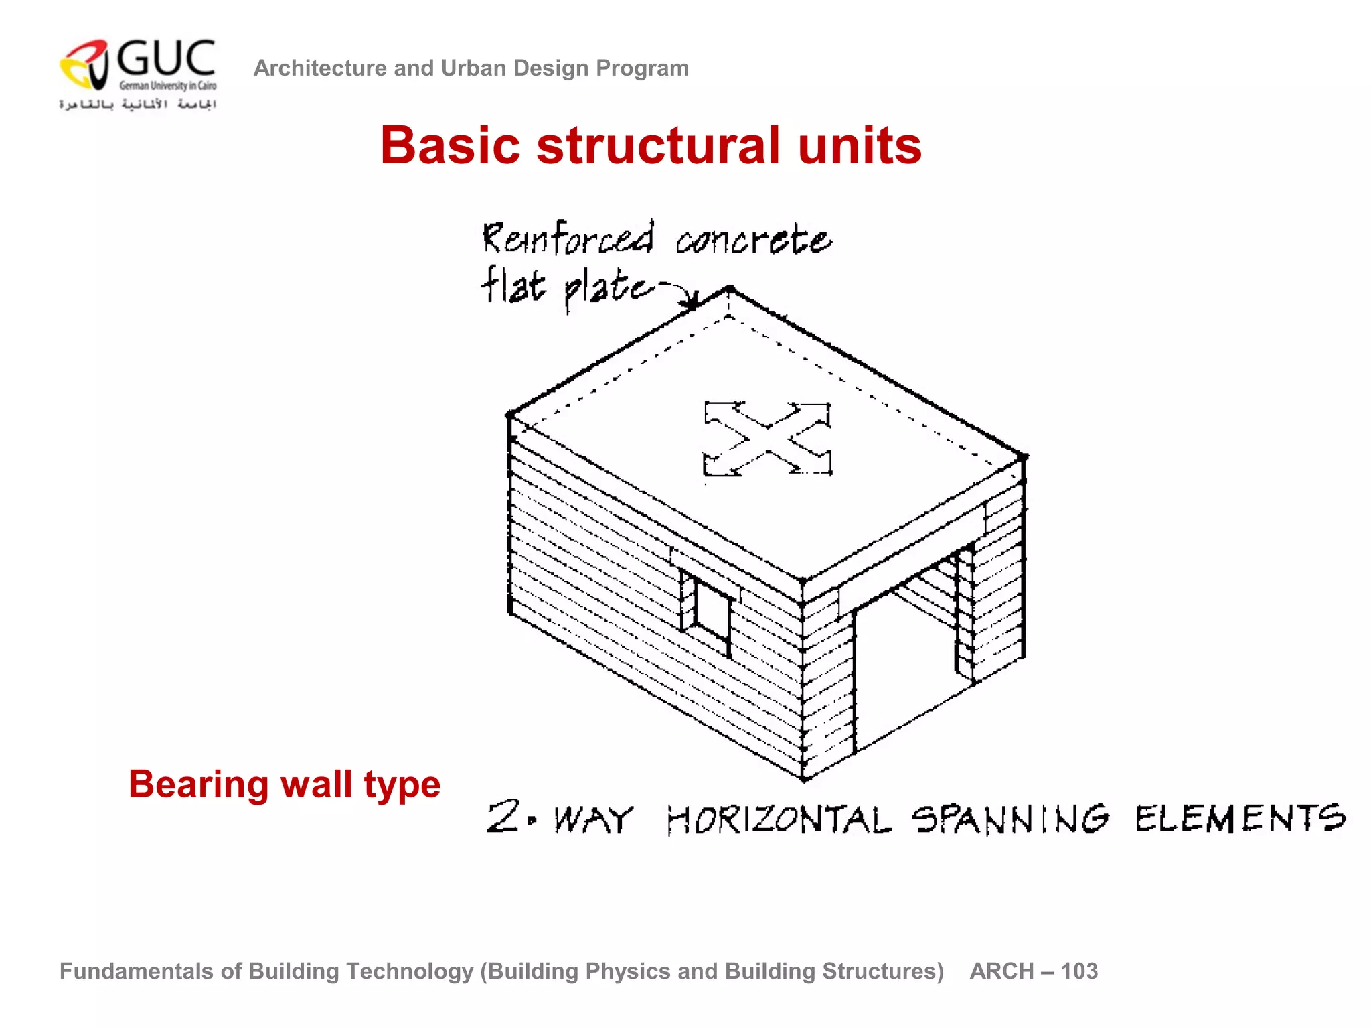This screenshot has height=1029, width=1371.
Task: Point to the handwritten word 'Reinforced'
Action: (568, 238)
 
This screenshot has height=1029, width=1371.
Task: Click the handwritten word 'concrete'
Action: (753, 240)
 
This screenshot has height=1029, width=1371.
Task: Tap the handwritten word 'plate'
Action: (607, 288)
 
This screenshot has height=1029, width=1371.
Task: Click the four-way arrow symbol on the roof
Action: (767, 439)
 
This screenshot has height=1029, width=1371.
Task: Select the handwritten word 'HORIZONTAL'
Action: (779, 819)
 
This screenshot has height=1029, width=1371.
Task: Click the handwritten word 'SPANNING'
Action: (1010, 819)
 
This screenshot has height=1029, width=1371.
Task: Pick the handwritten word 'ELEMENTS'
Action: (1240, 818)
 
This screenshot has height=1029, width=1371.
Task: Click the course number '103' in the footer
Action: (1079, 971)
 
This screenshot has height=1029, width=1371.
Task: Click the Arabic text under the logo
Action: (137, 105)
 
